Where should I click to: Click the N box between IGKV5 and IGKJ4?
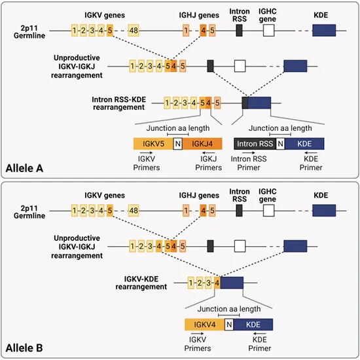177,143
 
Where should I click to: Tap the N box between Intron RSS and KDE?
281,143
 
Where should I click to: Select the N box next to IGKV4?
228,324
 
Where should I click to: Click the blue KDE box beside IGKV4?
254,324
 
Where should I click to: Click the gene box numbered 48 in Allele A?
134,30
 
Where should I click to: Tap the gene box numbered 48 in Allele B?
134,211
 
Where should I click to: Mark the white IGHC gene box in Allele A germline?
269,30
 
